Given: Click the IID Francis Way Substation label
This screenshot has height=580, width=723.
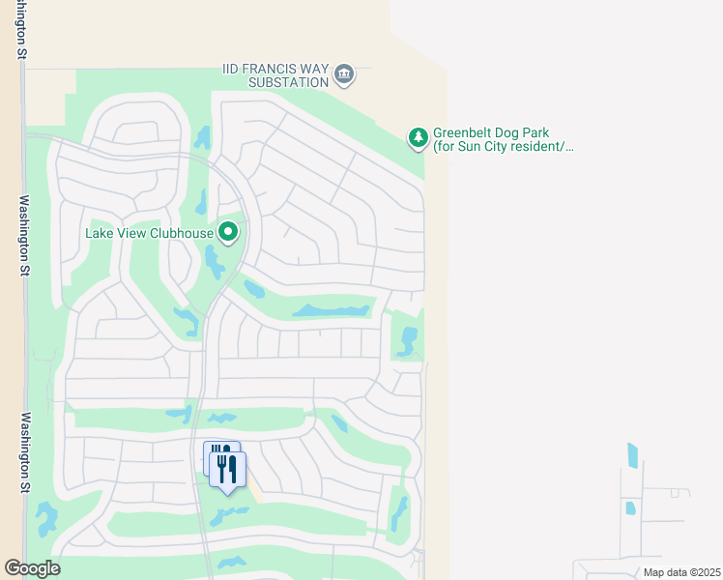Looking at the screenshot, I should [275, 75].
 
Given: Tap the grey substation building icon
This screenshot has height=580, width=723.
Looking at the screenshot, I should [344, 74].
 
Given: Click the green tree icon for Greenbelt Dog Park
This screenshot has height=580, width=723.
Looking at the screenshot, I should [418, 139].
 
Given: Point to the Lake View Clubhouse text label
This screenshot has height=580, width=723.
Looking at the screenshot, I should [148, 233].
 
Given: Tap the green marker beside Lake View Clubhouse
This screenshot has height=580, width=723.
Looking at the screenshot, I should [228, 233].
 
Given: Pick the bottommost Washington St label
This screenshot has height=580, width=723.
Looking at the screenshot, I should [24, 453].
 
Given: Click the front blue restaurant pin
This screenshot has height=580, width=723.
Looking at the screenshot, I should [227, 470].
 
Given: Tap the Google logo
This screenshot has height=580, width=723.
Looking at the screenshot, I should [31, 568].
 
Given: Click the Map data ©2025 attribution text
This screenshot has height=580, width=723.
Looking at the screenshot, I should [681, 572].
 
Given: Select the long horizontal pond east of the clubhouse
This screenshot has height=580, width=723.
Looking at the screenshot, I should [332, 310].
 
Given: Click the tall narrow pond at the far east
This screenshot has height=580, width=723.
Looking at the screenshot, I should [633, 455].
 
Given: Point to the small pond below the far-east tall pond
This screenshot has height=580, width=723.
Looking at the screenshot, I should [630, 508].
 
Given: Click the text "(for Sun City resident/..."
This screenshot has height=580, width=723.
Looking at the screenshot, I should [504, 147].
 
